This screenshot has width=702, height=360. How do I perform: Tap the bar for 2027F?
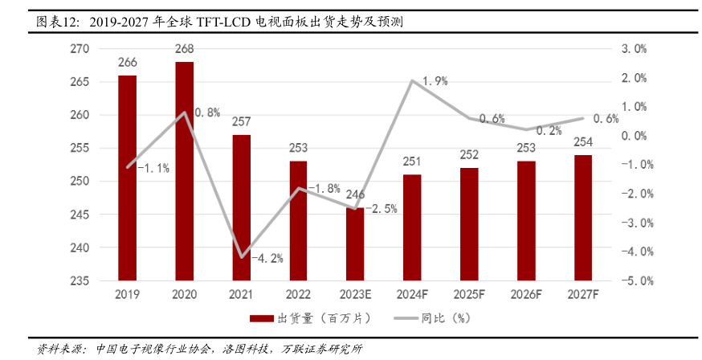click(x=583, y=218)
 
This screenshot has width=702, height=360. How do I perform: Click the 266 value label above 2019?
click(x=127, y=63)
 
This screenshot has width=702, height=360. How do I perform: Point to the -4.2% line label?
click(x=267, y=259)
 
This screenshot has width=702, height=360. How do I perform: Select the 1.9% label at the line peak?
click(x=434, y=80)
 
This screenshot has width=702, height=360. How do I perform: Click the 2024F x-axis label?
click(x=412, y=295)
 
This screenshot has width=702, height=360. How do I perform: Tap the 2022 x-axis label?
click(x=298, y=295)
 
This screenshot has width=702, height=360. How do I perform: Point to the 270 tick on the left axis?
click(x=80, y=49)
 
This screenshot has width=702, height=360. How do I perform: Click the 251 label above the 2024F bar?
click(x=412, y=162)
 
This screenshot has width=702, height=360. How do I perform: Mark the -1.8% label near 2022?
click(x=324, y=189)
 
